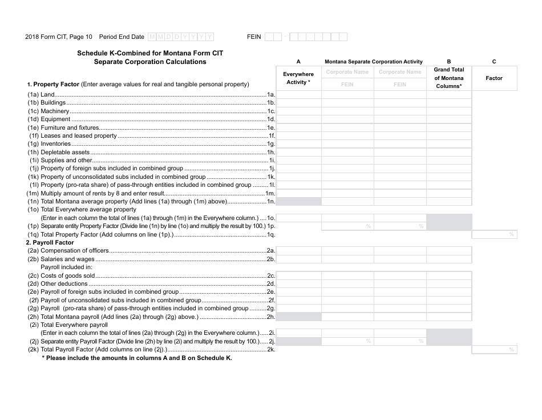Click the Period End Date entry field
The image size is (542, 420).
click(x=181, y=37)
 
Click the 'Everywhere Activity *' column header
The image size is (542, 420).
click(x=298, y=78)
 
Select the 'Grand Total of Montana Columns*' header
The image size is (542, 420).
click(x=449, y=78)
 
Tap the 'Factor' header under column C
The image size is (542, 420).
click(x=494, y=78)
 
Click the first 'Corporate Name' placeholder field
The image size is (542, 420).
click(x=347, y=72)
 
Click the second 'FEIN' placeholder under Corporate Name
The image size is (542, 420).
click(x=400, y=85)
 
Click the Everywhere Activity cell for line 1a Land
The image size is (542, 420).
click(x=298, y=95)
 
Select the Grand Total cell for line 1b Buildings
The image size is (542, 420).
click(x=449, y=103)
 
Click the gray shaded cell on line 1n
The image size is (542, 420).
click(x=298, y=202)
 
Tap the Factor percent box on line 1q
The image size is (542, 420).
click(x=494, y=234)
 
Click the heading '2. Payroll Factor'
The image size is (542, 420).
click(x=50, y=243)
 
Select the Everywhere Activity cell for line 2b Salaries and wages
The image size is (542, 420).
click(x=298, y=259)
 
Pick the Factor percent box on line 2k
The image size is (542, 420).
click(x=494, y=349)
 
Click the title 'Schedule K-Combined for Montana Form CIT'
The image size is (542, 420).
click(x=150, y=53)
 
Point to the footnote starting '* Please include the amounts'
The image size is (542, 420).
click(x=137, y=358)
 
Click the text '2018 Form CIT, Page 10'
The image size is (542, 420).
click(x=58, y=37)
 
